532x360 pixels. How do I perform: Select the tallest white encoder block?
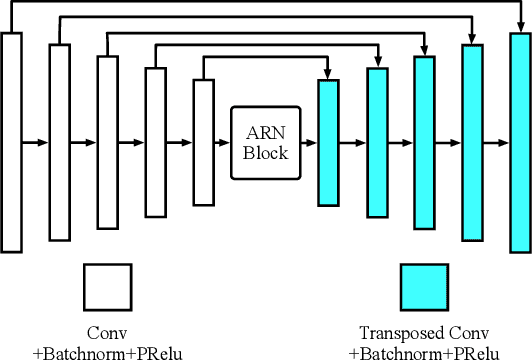pos(12,142)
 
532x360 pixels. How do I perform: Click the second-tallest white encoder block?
pos(60,142)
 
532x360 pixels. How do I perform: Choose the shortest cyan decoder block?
pos(327,143)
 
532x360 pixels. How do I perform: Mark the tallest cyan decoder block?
pos(520,142)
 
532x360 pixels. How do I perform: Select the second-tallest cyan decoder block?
pos(472,142)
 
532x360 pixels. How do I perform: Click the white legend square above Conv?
pos(108,288)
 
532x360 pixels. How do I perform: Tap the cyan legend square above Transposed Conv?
pos(424,288)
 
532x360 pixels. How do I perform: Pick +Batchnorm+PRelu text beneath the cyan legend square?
pos(424,351)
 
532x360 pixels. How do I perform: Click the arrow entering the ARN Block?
pos(223,143)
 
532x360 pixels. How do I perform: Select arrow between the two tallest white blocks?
pos(36,143)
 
